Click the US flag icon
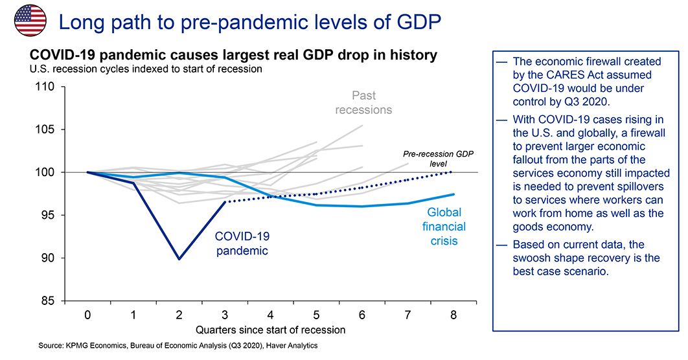click(x=30, y=19)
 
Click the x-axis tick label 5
click(x=317, y=315)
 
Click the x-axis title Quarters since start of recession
click(x=270, y=329)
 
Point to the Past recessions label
click(x=363, y=102)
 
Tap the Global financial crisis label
click(x=444, y=227)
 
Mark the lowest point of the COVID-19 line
click(x=179, y=259)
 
